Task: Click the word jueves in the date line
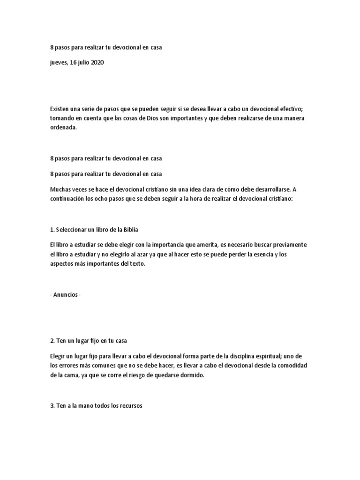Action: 59,63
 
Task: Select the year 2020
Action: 97,63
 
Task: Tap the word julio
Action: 82,63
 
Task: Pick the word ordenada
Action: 62,127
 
